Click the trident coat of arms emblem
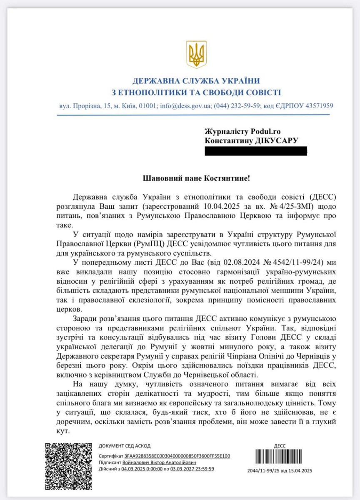[196, 54]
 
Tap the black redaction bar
[255, 151]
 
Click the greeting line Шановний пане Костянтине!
[197, 178]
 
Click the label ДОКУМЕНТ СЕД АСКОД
[125, 446]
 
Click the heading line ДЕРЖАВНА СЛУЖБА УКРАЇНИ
[196, 80]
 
